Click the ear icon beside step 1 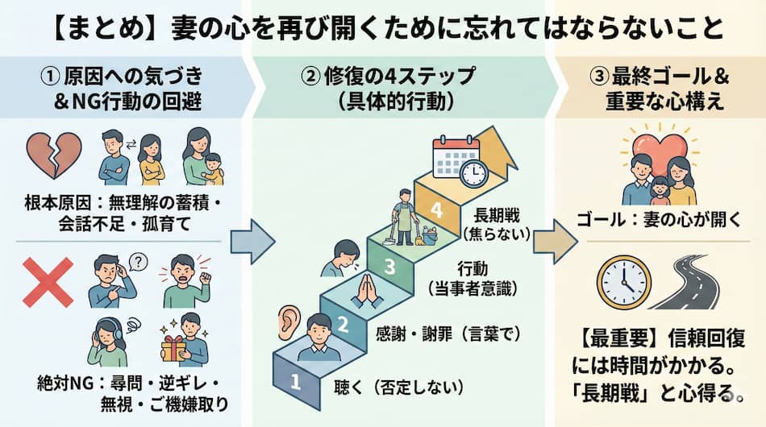tap(287, 322)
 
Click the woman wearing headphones tap(111, 342)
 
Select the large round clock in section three tap(623, 283)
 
